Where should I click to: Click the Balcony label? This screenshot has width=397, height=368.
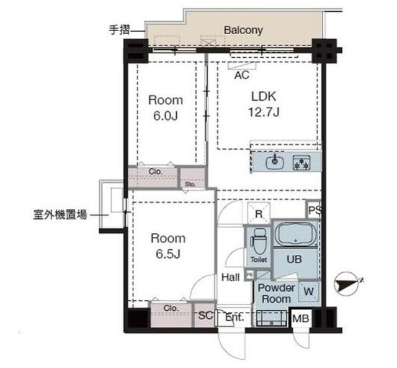tap(243, 30)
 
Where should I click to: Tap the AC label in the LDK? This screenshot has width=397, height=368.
tap(242, 75)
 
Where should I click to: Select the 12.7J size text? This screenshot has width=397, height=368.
tap(264, 112)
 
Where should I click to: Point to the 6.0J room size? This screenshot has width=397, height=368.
tap(166, 116)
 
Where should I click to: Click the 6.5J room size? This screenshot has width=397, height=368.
tap(168, 254)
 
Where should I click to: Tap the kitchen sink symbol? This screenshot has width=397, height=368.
tap(275, 162)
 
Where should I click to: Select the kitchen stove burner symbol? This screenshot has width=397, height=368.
tap(301, 162)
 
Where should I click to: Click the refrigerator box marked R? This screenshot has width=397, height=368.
tap(259, 214)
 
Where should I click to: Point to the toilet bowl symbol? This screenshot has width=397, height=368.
tap(258, 242)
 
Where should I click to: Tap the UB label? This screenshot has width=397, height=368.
tap(294, 259)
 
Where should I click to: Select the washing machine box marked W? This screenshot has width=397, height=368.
tap(308, 292)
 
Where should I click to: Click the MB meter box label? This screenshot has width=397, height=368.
tap(300, 318)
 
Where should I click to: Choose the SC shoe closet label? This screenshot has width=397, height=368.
tap(205, 315)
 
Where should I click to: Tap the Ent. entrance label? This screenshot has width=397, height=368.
tap(234, 317)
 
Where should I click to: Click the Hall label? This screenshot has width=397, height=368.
tap(230, 277)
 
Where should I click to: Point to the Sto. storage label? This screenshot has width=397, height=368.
tap(190, 184)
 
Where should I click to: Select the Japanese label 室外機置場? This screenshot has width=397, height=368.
tap(60, 214)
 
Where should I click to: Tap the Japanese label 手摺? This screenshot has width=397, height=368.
tap(119, 30)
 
